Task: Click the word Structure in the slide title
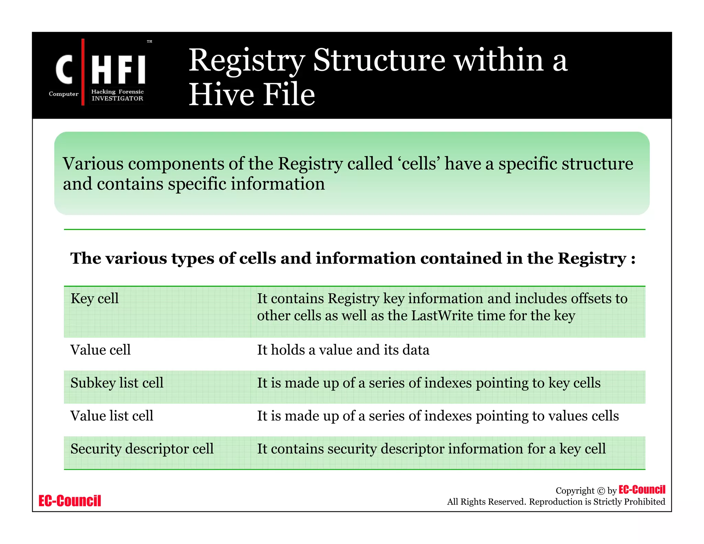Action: click(x=379, y=60)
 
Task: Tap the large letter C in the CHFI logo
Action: click(x=64, y=70)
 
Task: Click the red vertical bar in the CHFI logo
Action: click(x=83, y=72)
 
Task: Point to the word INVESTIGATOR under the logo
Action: click(x=117, y=98)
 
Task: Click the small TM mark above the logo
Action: click(x=150, y=42)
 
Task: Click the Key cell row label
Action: click(x=95, y=298)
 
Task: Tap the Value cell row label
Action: click(x=100, y=350)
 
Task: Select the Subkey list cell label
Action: click(x=117, y=383)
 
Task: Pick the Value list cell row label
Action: click(x=112, y=416)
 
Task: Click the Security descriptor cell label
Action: click(x=142, y=449)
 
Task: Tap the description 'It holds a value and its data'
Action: click(x=343, y=350)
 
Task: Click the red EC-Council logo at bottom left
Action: click(x=70, y=501)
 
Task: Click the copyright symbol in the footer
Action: click(x=601, y=491)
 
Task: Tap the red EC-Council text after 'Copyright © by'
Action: click(x=642, y=490)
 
